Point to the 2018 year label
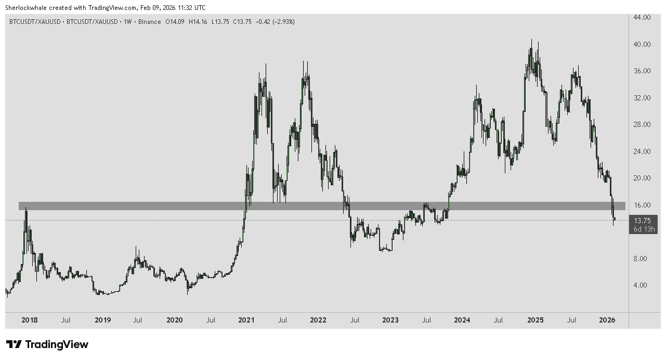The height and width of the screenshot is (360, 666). [31, 320]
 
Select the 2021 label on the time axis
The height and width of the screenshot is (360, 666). [246, 320]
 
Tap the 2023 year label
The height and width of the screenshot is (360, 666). [389, 320]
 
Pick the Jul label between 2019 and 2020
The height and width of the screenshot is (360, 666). [138, 320]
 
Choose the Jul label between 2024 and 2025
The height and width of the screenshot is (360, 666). [498, 320]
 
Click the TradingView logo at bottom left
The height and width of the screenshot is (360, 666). [47, 344]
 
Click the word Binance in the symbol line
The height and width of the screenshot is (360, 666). [150, 22]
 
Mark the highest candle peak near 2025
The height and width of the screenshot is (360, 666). [531, 40]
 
